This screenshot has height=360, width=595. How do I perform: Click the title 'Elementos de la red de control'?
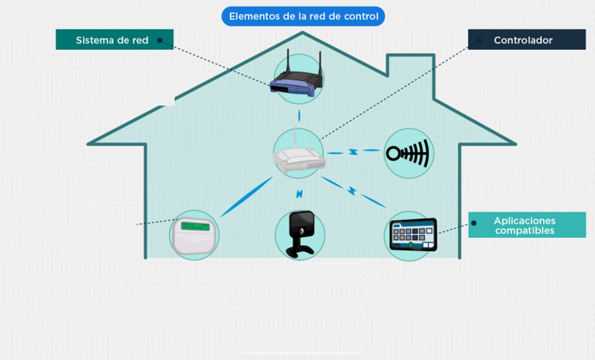point(303,16)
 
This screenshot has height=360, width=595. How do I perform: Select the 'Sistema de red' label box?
point(114,39)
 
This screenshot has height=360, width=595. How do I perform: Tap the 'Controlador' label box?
point(526,39)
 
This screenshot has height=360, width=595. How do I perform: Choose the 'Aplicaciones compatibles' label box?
point(527,225)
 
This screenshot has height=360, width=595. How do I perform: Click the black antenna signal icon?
point(408,153)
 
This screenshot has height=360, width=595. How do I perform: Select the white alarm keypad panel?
point(195,236)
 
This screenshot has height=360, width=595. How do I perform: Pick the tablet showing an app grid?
point(413,235)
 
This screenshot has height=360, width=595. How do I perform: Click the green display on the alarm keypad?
point(195,226)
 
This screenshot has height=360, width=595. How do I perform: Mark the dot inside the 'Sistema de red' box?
point(160,40)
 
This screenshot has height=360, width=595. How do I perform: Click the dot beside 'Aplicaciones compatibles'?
point(474,223)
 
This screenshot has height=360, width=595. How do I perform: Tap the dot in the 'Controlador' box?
point(479,40)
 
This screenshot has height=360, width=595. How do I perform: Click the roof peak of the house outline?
point(302,33)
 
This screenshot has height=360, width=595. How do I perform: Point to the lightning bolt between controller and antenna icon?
point(353,152)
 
